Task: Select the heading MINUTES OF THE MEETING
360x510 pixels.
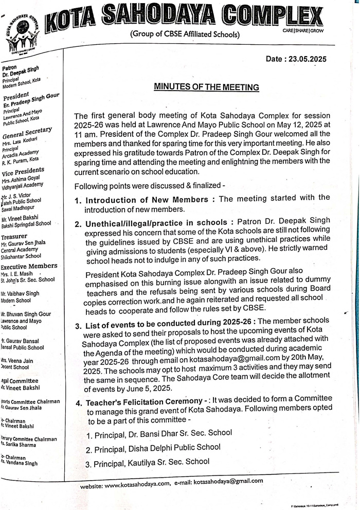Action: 206,87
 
